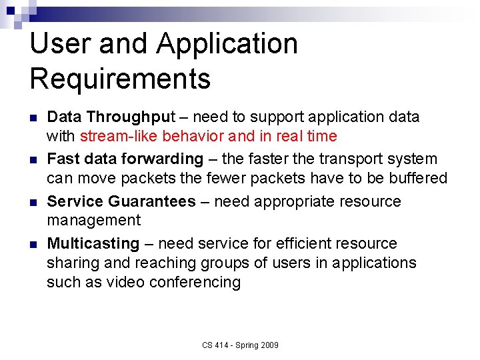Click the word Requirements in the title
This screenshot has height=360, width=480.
(x=120, y=79)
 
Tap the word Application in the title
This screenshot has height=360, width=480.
(x=227, y=44)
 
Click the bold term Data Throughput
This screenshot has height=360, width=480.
(x=111, y=117)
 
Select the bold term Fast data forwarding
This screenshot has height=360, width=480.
(x=125, y=159)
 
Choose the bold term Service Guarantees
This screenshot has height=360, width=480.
(x=121, y=201)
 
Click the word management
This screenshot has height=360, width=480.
(x=93, y=221)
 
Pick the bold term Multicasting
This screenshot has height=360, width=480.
(x=93, y=243)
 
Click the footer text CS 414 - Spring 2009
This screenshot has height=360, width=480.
(x=241, y=345)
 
